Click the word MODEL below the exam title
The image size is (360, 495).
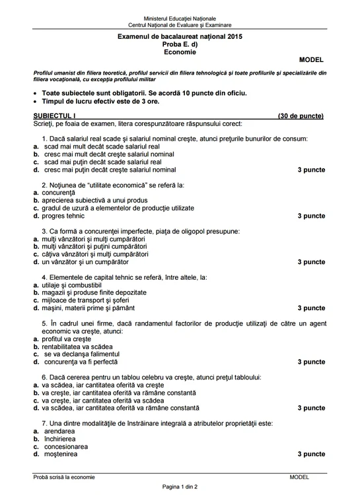(x=311, y=59)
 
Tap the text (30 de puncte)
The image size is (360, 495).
(x=301, y=115)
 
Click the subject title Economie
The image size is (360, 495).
(x=180, y=52)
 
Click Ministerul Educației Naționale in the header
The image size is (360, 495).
(x=180, y=18)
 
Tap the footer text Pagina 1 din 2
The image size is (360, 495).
(x=180, y=486)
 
